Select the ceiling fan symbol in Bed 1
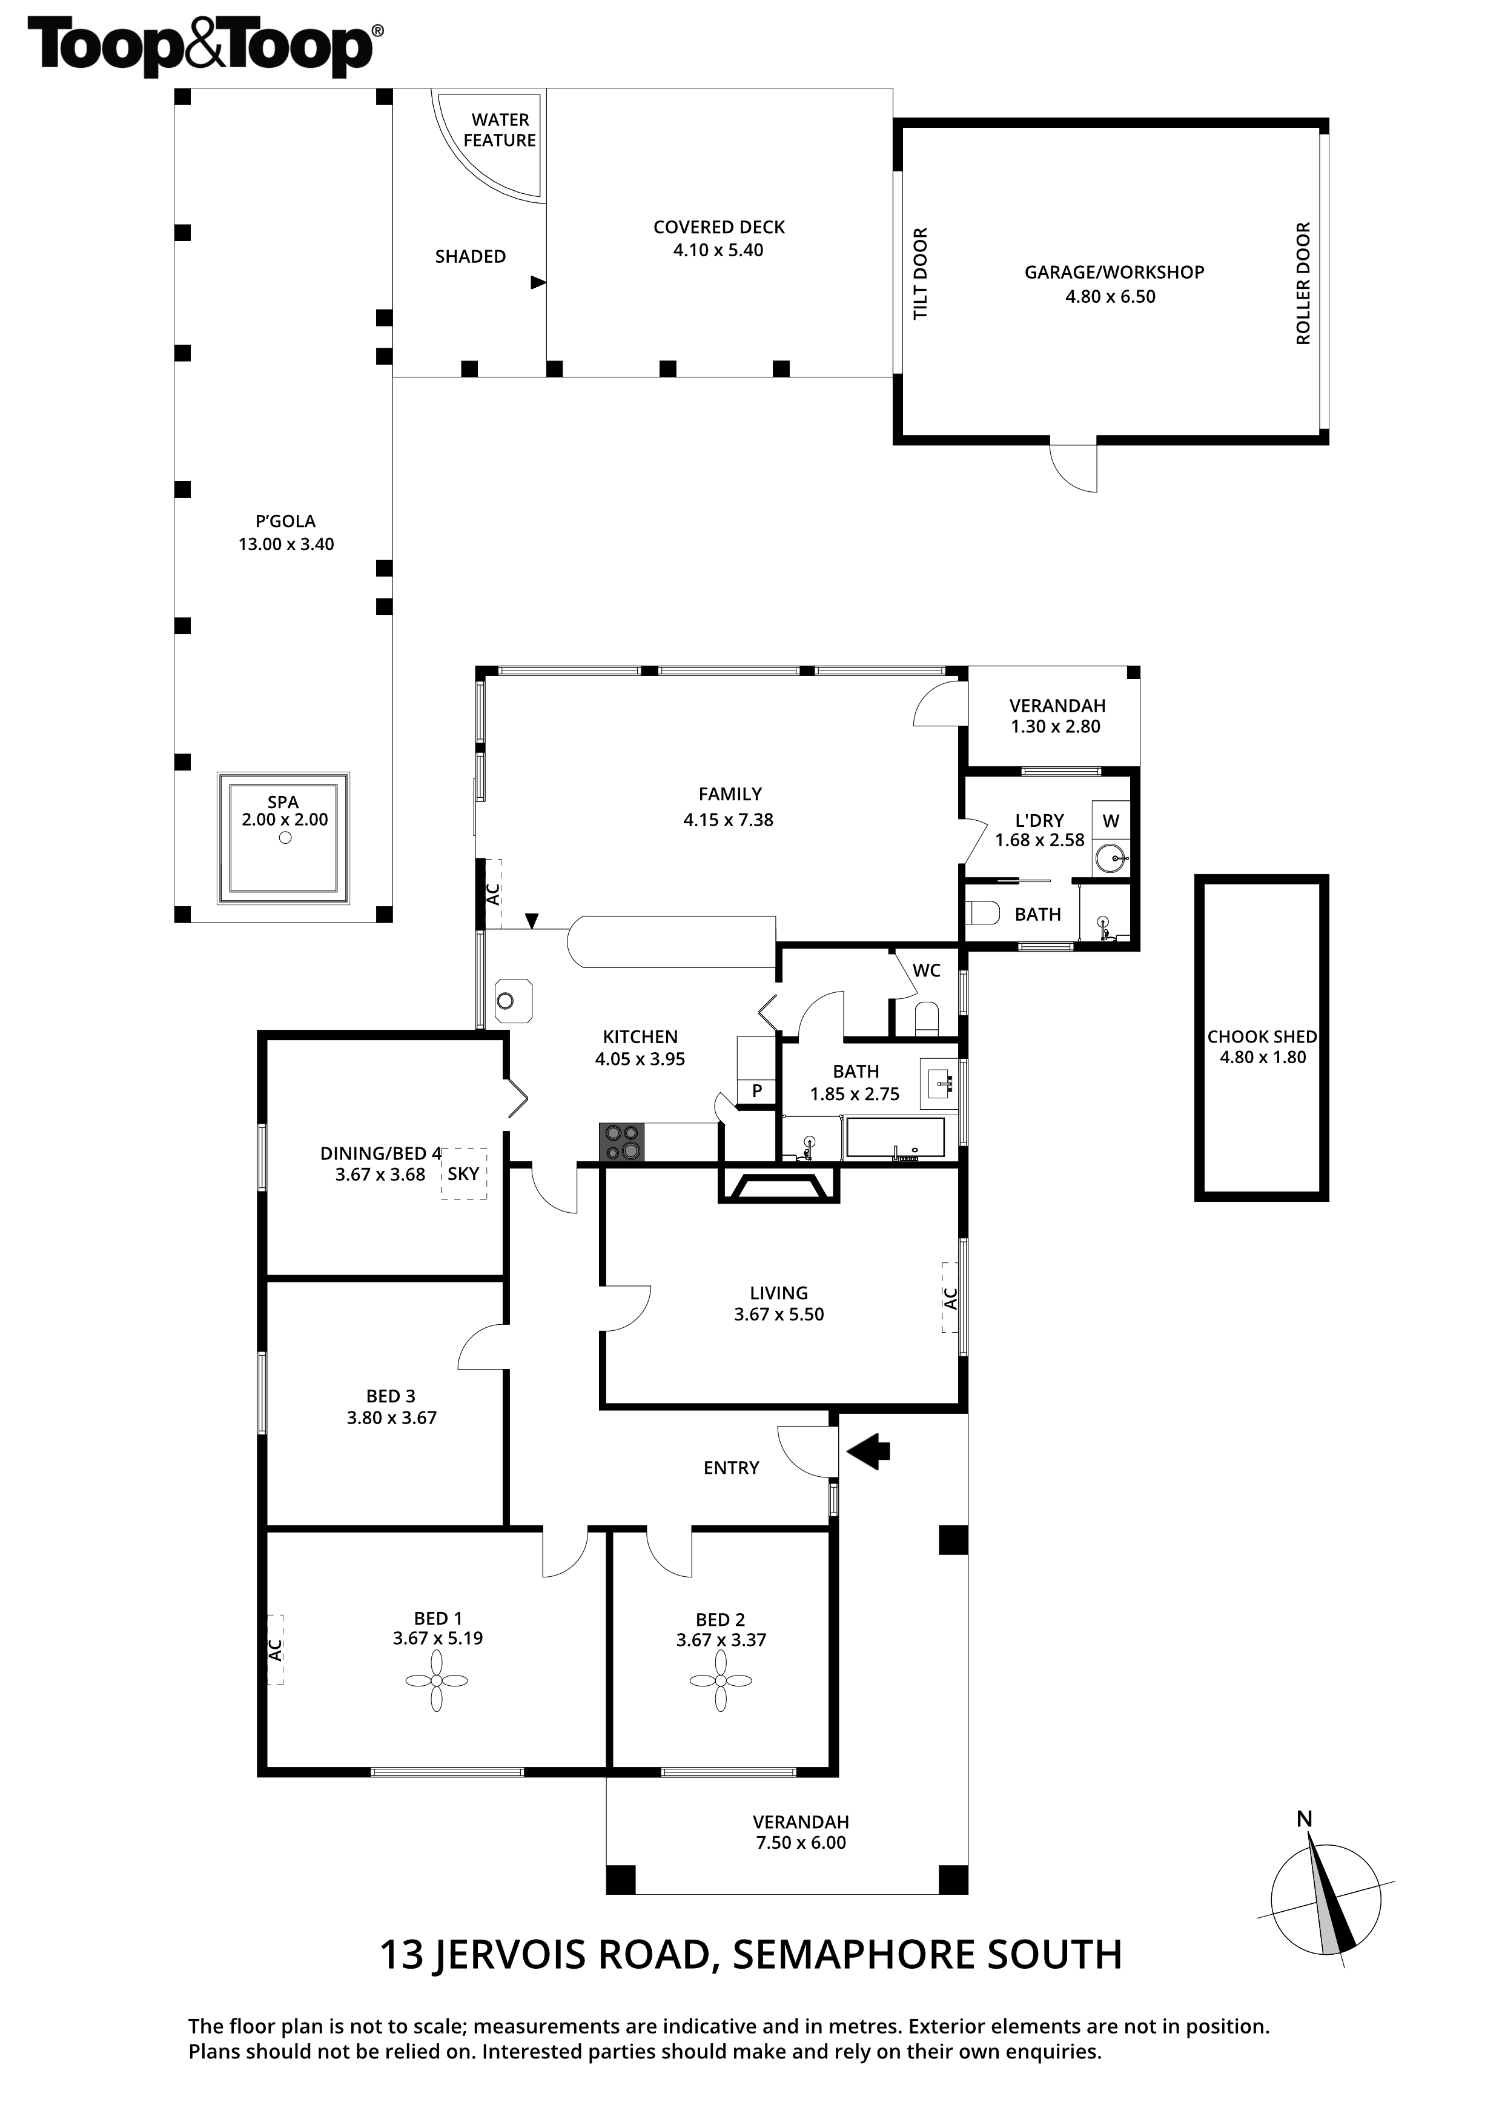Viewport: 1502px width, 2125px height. pos(437,1681)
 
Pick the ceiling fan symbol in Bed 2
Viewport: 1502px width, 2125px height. pos(721,1681)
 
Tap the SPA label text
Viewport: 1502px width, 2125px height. pos(283,803)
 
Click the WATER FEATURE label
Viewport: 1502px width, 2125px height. pos(500,130)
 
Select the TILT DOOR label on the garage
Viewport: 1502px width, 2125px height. pos(920,274)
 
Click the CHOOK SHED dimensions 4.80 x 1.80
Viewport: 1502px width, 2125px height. pos(1262,1057)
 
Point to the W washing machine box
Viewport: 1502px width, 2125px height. pos(1111,821)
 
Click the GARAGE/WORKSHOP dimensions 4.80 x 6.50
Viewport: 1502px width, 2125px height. pos(1111,296)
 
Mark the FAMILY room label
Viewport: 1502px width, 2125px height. pos(730,794)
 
